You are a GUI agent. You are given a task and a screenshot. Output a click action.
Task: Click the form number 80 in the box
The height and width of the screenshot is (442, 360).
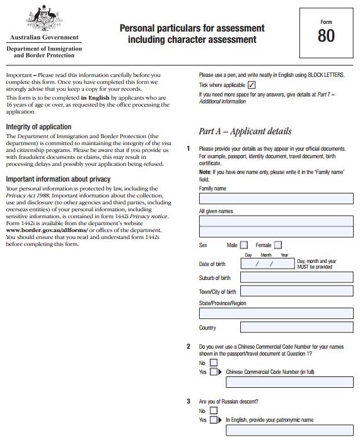[x=326, y=36]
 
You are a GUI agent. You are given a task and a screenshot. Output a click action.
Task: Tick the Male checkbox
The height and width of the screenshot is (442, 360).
[x=245, y=245]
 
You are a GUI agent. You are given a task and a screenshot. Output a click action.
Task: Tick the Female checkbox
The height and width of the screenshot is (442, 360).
[x=278, y=245]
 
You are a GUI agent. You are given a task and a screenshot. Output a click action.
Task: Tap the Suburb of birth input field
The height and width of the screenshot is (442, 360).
[x=297, y=277]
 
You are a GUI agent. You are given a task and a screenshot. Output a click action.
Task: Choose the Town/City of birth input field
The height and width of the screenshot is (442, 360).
[x=297, y=291]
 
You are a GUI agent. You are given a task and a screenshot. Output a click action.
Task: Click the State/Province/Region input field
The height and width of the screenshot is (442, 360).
[x=276, y=314]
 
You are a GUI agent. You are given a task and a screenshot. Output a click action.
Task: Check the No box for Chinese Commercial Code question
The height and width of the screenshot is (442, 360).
[x=214, y=363]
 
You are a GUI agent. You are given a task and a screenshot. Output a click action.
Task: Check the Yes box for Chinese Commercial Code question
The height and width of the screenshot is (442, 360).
[x=214, y=372]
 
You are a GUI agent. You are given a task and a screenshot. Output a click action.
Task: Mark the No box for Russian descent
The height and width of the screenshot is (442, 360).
[x=214, y=411]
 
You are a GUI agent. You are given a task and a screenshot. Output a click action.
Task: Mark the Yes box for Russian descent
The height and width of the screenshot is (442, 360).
[x=214, y=420]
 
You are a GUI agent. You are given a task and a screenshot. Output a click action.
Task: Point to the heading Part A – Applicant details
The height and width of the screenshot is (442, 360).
[x=245, y=131]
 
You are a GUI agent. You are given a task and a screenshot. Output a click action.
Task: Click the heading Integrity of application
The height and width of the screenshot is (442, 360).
[x=38, y=127]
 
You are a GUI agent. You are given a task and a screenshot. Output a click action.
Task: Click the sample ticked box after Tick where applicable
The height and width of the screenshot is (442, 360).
[x=252, y=84]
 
